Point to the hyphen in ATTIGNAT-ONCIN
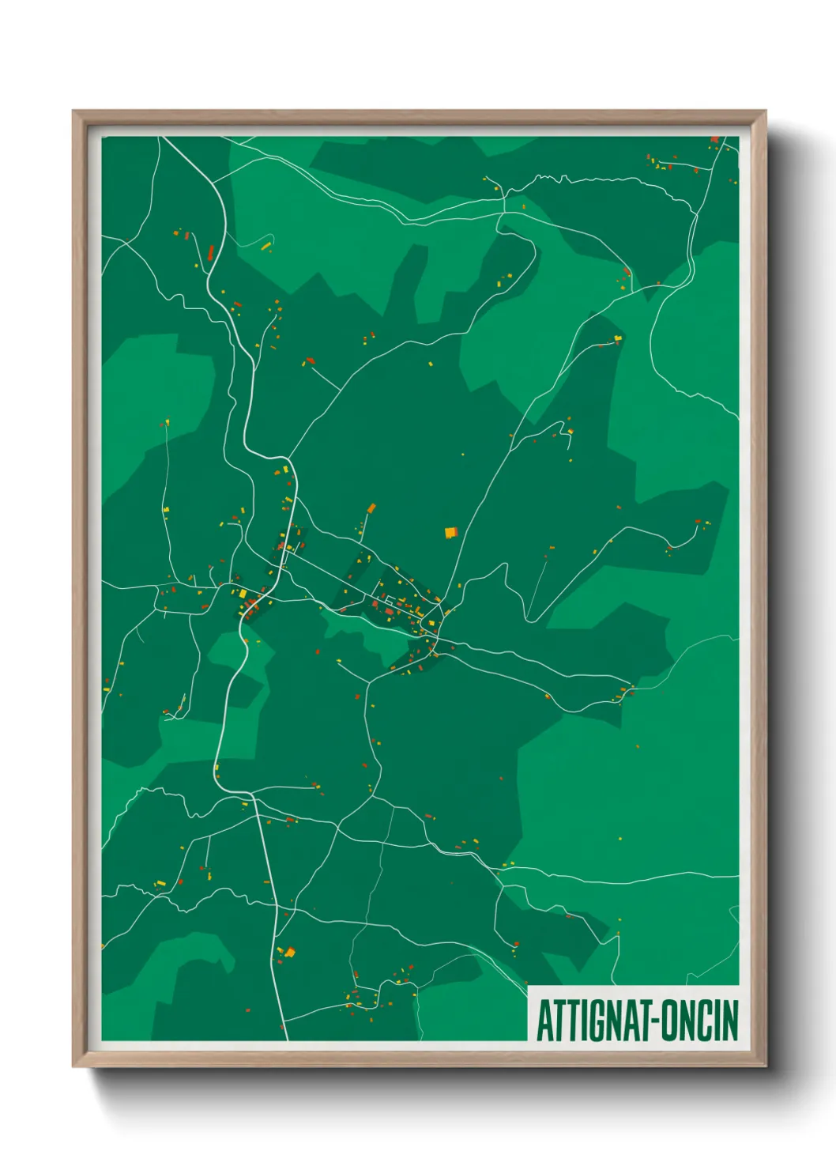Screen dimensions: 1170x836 (653, 1021)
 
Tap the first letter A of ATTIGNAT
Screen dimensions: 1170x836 (544, 1020)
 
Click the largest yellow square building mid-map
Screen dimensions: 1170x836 (450, 533)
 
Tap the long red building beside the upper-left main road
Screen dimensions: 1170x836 (211, 252)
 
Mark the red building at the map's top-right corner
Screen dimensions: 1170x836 (714, 140)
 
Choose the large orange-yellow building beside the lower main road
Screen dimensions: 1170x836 (289, 952)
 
